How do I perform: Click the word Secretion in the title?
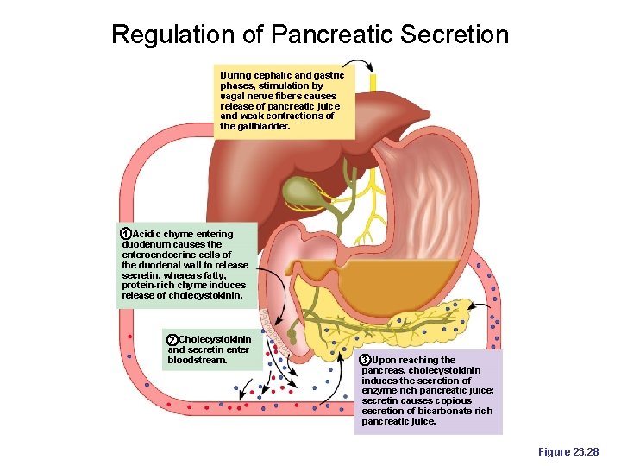pyautogui.click(x=461, y=35)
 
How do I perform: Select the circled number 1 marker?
pyautogui.click(x=126, y=235)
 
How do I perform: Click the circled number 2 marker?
pyautogui.click(x=172, y=340)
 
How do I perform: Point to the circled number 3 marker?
pyautogui.click(x=365, y=360)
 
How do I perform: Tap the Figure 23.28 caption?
pyautogui.click(x=568, y=451)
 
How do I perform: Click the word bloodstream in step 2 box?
pyautogui.click(x=198, y=360)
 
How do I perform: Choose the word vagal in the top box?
pyautogui.click(x=234, y=96)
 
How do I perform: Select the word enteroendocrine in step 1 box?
pyautogui.click(x=159, y=255)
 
